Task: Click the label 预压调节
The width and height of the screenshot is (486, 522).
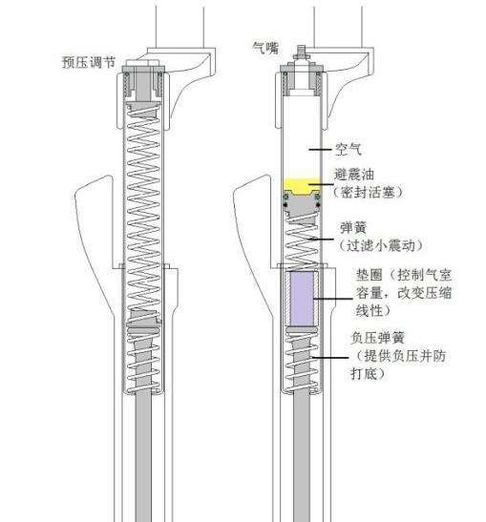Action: click(x=89, y=62)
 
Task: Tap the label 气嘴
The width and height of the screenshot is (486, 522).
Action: click(x=265, y=49)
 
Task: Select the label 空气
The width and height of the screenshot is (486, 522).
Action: click(x=348, y=150)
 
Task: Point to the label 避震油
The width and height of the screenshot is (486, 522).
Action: click(x=354, y=175)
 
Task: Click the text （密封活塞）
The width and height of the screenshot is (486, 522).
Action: click(x=369, y=192)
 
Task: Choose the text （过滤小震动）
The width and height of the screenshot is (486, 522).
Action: click(x=381, y=245)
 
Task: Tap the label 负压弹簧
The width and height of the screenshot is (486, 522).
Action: click(x=378, y=338)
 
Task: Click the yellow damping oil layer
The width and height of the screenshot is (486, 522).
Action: click(x=302, y=186)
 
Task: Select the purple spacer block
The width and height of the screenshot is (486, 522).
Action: click(x=302, y=299)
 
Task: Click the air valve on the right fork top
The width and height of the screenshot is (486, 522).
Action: click(x=301, y=52)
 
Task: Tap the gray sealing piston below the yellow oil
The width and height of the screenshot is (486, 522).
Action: click(x=302, y=203)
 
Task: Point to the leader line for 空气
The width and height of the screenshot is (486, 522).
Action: click(x=320, y=150)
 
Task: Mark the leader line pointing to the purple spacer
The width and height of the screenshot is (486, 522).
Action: click(x=332, y=299)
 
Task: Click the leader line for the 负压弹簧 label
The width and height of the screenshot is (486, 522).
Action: click(x=330, y=358)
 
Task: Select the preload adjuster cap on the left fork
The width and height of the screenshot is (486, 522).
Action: click(x=142, y=63)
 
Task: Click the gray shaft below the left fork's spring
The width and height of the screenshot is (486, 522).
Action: click(x=143, y=456)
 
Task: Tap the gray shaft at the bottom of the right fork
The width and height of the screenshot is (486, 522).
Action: click(x=302, y=456)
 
